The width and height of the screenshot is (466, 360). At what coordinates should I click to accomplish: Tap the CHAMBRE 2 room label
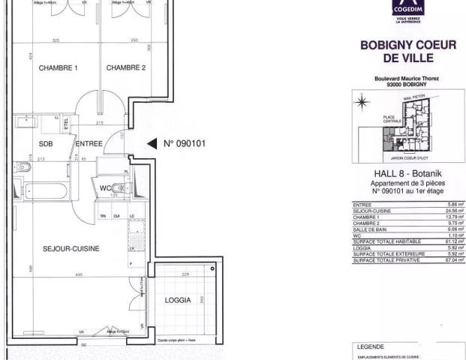(125, 68)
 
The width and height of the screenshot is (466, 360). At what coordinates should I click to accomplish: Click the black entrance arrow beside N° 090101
(151, 142)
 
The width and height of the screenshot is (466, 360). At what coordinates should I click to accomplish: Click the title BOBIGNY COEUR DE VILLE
(408, 52)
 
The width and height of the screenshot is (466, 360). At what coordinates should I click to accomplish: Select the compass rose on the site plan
(362, 100)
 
